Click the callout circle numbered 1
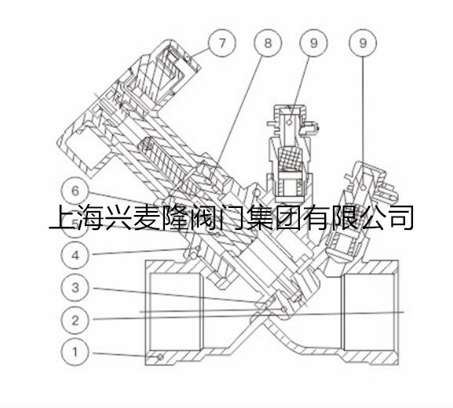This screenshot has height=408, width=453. pos(75,352)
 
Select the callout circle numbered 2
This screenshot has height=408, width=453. pos(75,320)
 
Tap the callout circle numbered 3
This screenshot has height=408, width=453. pos(75,288)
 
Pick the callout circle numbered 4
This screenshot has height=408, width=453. pos(75,255)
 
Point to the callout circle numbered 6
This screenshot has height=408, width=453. pos(75,191)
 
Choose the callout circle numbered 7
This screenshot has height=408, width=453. pos(222,43)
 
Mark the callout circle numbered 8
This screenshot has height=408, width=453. pos(268,43)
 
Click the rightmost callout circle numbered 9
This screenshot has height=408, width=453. pos(363,43)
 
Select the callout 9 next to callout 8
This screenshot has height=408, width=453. pos(314,43)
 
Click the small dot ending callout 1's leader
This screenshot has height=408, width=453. pos(160,358)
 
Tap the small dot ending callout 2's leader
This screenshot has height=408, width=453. pos(284,310)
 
